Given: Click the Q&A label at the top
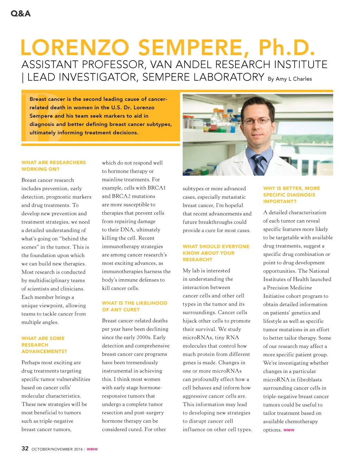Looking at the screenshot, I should pos(21,14).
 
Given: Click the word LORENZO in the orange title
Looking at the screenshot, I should pos(75,48).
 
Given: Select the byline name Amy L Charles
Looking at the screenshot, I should pos(294,79).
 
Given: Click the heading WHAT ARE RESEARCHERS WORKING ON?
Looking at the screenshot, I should pos(53,166).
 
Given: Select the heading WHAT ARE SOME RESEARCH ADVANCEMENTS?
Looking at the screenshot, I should pos(44,345).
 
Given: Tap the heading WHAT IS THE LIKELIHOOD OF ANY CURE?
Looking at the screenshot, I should pos(135,306).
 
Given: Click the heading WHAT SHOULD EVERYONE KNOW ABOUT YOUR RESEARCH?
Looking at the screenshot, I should pos(216,253).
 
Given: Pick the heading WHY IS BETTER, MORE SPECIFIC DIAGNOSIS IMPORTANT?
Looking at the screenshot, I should pos(291,195).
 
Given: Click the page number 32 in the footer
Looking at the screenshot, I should pos(25,448).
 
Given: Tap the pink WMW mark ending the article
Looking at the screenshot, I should pos(289,430).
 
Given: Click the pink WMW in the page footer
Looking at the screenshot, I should pos(92,449).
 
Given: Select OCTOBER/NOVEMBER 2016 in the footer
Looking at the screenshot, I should pos(57,449).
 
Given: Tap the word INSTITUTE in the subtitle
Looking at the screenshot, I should pos(301,64).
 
